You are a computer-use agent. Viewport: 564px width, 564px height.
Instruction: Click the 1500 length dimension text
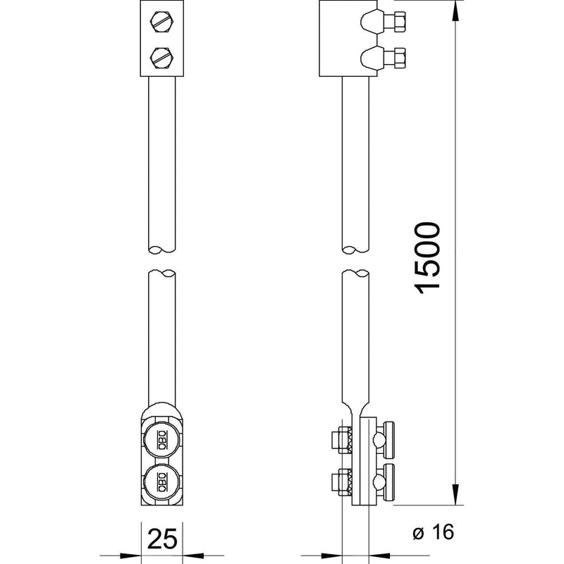428,258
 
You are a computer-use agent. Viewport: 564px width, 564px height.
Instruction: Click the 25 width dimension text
163,539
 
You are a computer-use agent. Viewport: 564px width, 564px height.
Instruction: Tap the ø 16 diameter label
433,532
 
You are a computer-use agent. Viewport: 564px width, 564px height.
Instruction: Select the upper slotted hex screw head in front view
162,22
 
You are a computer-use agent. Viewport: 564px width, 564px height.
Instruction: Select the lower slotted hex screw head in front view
162,58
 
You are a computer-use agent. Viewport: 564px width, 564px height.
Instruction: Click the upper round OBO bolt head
162,439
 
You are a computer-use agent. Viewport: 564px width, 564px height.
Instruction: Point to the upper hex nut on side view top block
400,22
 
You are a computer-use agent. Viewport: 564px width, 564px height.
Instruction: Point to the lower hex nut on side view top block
400,58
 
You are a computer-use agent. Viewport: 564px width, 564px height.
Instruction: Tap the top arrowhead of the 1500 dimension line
455,10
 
